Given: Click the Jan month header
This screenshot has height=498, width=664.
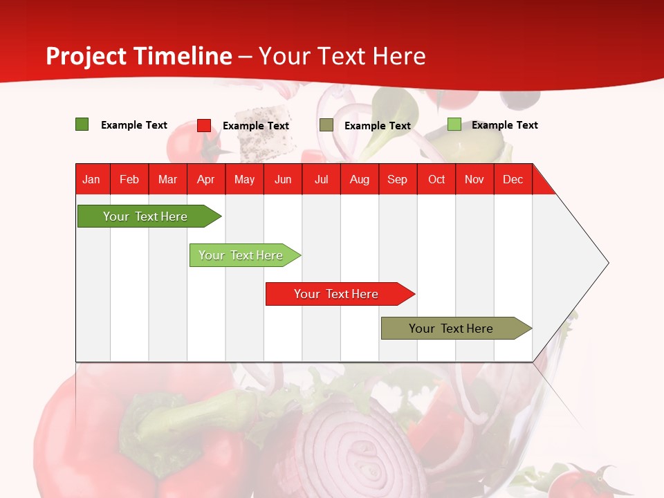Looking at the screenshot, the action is (91, 179).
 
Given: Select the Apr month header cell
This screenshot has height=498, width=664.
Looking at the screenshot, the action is (205, 179).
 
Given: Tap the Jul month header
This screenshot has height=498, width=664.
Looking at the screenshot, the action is (321, 179).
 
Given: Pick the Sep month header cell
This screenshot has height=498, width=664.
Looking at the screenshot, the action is (397, 179).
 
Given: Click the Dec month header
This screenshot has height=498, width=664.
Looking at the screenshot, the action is (513, 179).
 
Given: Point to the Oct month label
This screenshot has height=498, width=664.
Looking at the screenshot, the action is (436, 179).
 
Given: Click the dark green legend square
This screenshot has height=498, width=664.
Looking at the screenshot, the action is (82, 124).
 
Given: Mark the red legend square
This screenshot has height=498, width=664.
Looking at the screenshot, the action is (204, 125).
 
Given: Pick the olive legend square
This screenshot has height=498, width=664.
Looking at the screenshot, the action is (326, 125).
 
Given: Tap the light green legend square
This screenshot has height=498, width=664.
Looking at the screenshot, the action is (454, 124).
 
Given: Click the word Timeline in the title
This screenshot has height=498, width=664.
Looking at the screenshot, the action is (183, 56).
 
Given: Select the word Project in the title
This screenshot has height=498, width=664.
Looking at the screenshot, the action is (86, 56).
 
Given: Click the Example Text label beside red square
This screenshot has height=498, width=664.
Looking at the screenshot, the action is (255, 126).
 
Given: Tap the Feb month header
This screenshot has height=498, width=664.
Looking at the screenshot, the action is (129, 179).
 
